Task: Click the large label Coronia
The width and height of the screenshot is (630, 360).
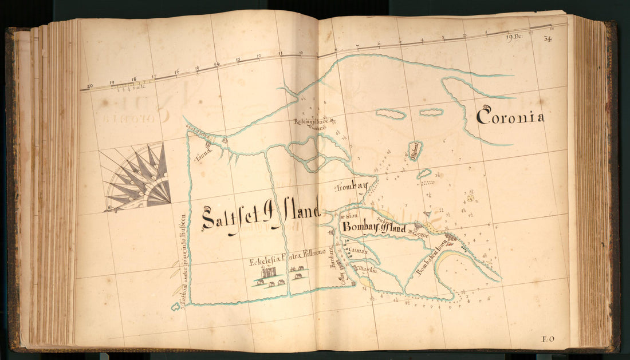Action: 510,117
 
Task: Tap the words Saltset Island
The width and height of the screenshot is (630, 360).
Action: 261,217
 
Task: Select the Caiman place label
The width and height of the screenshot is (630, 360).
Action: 360,250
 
